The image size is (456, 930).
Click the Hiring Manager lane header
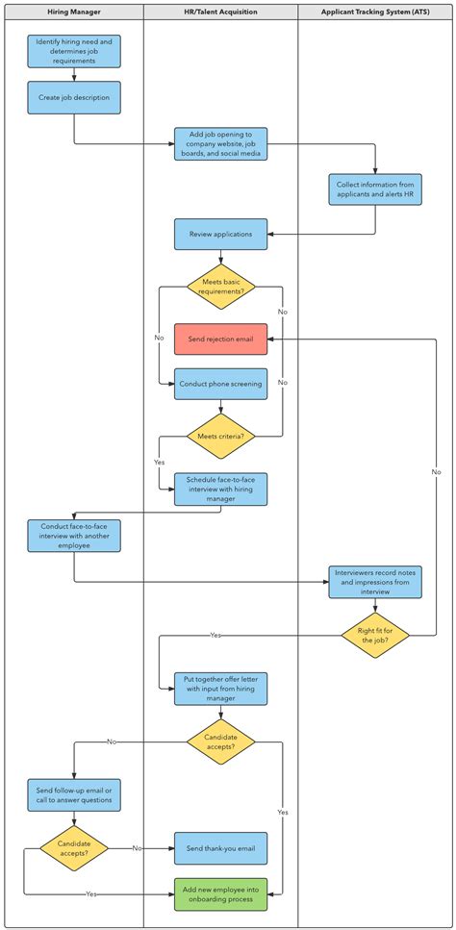(x=73, y=12)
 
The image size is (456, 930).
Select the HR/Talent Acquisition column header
(x=220, y=12)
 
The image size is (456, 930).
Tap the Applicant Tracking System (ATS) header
(x=375, y=12)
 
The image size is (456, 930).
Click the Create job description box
(x=74, y=97)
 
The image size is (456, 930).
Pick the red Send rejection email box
(x=220, y=339)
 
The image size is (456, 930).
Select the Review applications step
(x=220, y=235)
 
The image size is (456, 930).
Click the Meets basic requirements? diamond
(x=220, y=287)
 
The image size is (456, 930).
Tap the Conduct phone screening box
(x=220, y=384)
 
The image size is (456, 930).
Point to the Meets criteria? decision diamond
(x=220, y=436)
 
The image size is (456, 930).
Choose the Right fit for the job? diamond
(x=375, y=635)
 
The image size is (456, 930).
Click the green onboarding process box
(x=220, y=893)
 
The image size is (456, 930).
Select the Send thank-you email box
(x=220, y=848)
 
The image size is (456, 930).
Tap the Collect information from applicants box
(x=375, y=189)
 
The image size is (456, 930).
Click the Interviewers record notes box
(x=375, y=583)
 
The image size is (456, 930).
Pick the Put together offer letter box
(x=220, y=688)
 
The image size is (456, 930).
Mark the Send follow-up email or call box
(x=74, y=794)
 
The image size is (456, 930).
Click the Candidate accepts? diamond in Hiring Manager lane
(x=74, y=848)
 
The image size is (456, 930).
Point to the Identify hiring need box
(x=74, y=50)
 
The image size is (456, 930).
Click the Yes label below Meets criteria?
(x=159, y=462)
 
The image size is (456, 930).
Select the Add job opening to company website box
(x=220, y=143)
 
